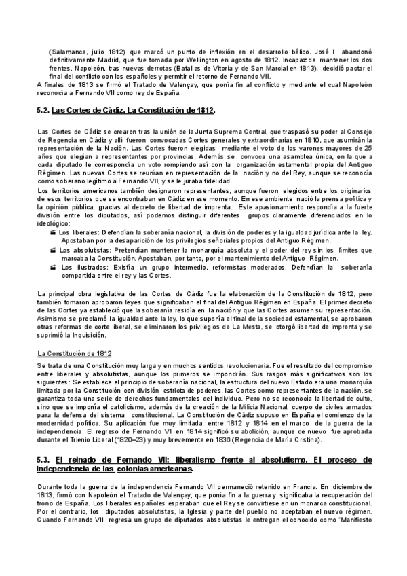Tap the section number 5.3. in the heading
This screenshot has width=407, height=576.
43,460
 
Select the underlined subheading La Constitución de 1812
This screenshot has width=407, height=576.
75,354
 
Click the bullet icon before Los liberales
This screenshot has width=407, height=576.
54,232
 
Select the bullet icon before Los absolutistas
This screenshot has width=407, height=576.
54,250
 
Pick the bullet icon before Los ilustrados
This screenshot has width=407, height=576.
54,268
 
